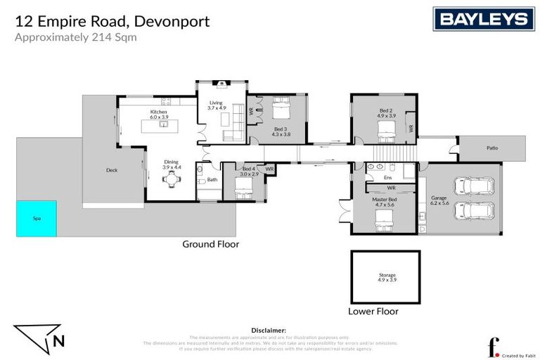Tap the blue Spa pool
(x=37, y=219)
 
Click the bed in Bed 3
(x=281, y=110)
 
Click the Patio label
(x=492, y=148)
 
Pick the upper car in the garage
(x=474, y=187)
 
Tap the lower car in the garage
(x=474, y=210)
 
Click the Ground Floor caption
(x=210, y=245)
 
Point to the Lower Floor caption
(x=373, y=311)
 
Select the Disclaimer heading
(x=269, y=330)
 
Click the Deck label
(x=111, y=170)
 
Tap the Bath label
(x=212, y=180)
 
